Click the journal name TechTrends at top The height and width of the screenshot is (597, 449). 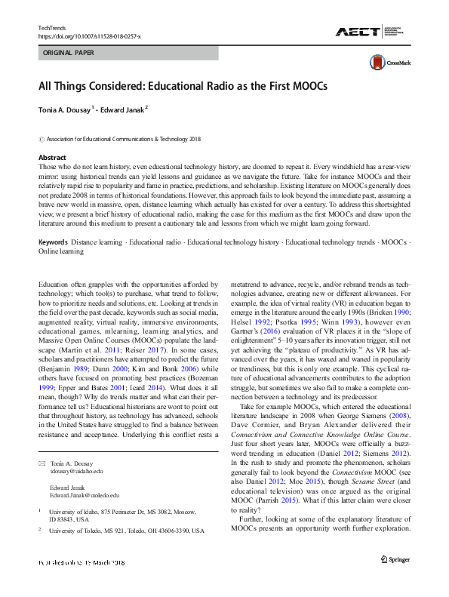tap(51, 27)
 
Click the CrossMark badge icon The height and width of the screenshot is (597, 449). tap(378, 63)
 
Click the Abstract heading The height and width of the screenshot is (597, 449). tap(53, 156)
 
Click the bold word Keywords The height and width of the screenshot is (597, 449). tap(55, 221)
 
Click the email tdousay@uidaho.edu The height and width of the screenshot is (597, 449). tap(76, 470)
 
